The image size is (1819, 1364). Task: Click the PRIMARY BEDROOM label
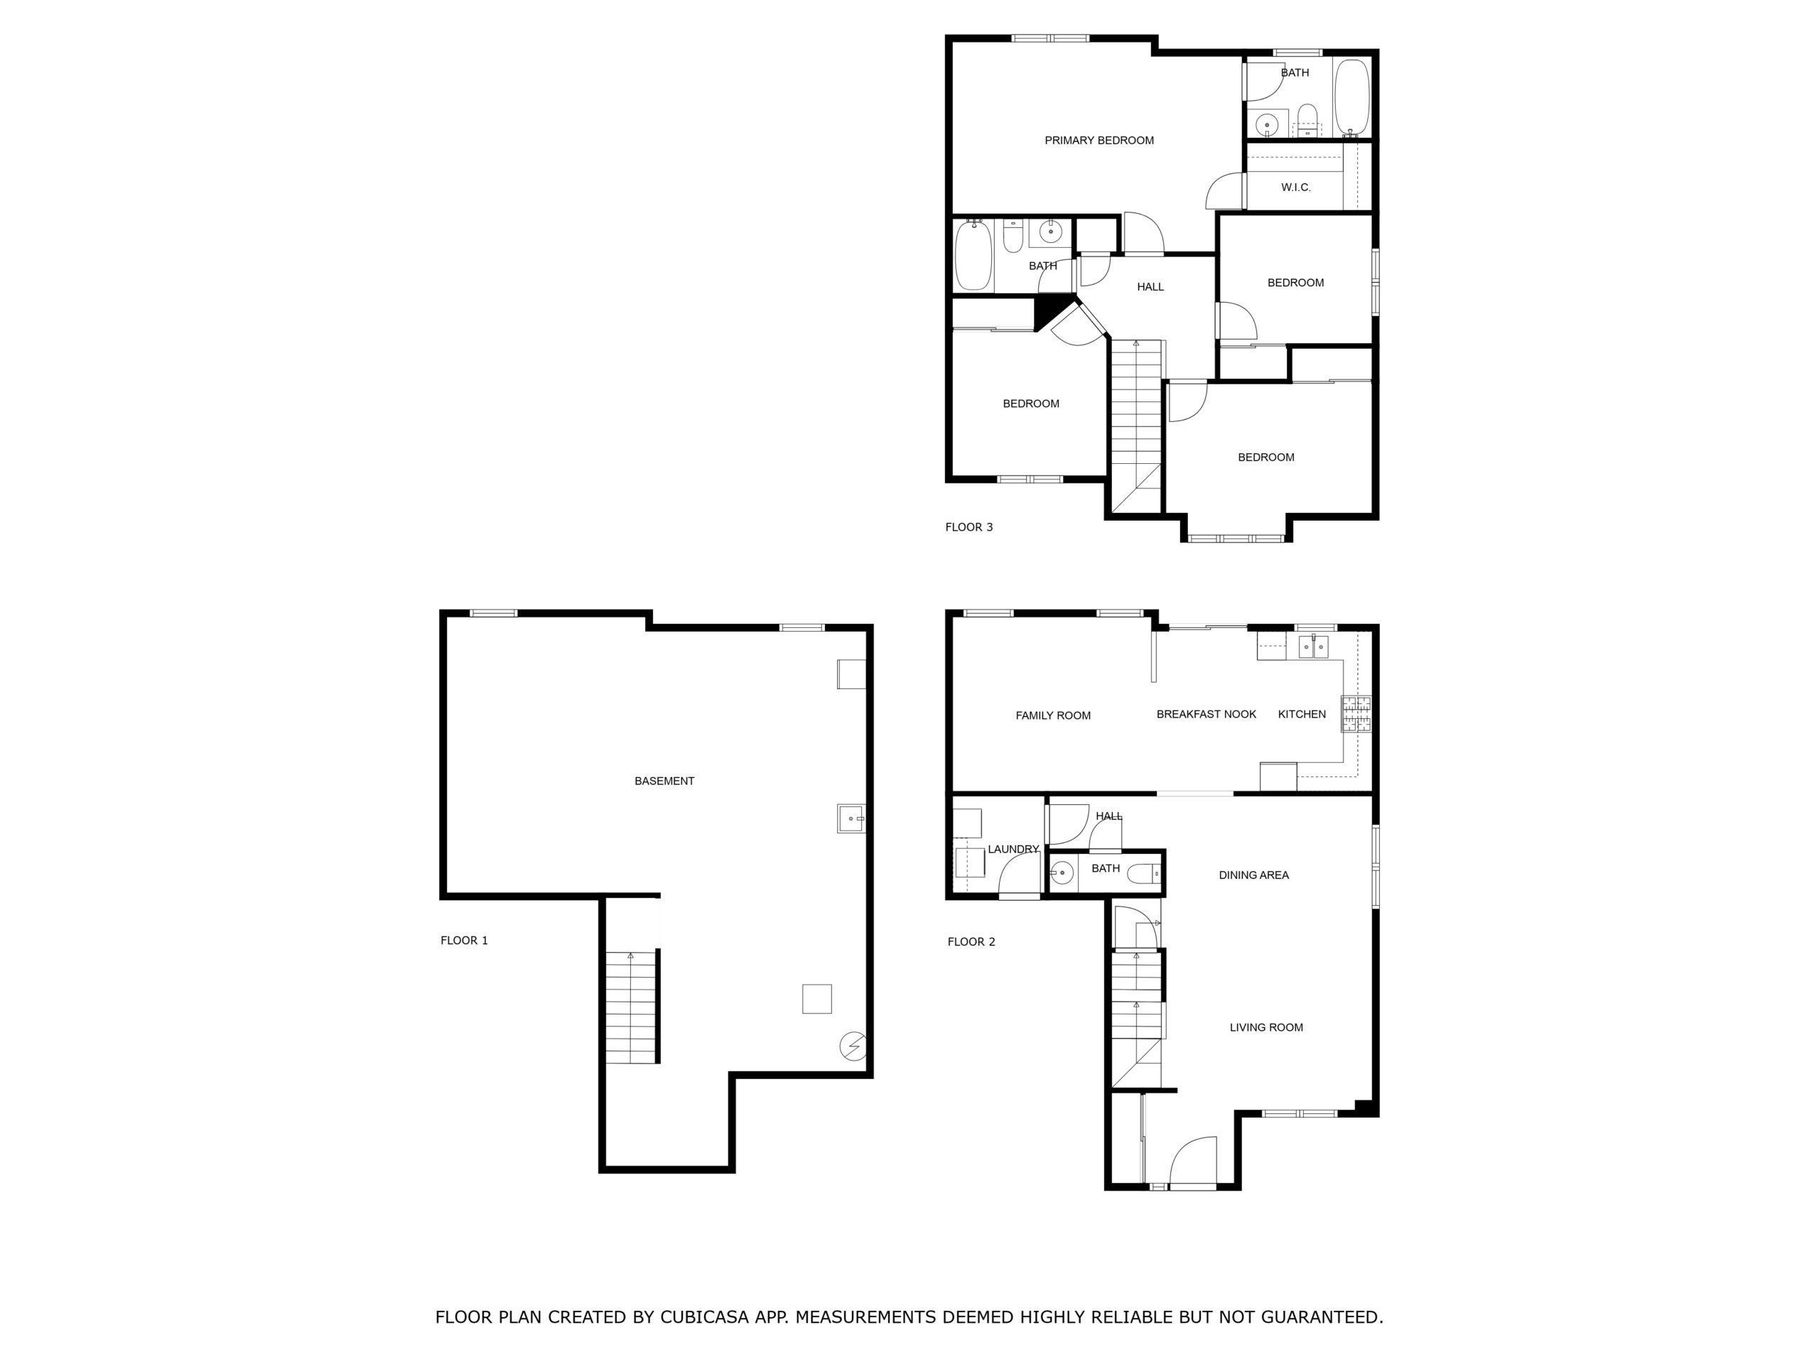pyautogui.click(x=1099, y=141)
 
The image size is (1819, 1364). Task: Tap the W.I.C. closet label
pyautogui.click(x=1296, y=188)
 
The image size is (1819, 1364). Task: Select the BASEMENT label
pyautogui.click(x=664, y=781)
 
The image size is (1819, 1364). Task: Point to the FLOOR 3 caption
pyautogui.click(x=968, y=527)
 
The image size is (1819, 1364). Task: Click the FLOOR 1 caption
pyautogui.click(x=464, y=941)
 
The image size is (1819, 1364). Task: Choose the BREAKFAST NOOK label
pyautogui.click(x=1207, y=715)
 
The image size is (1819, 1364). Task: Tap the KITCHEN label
pyautogui.click(x=1302, y=715)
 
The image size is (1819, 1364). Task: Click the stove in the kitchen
pyautogui.click(x=1356, y=714)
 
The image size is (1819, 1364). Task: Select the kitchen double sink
pyautogui.click(x=1313, y=647)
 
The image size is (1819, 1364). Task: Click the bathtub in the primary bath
pyautogui.click(x=1351, y=97)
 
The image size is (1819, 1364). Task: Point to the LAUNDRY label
pyautogui.click(x=1013, y=850)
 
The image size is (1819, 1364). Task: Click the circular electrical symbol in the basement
pyautogui.click(x=853, y=1046)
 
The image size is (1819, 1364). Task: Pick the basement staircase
pyautogui.click(x=632, y=1007)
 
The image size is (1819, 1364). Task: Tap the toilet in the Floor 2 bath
pyautogui.click(x=1144, y=874)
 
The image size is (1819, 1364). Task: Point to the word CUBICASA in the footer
pyautogui.click(x=705, y=1317)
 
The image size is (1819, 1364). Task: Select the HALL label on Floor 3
pyautogui.click(x=1150, y=287)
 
